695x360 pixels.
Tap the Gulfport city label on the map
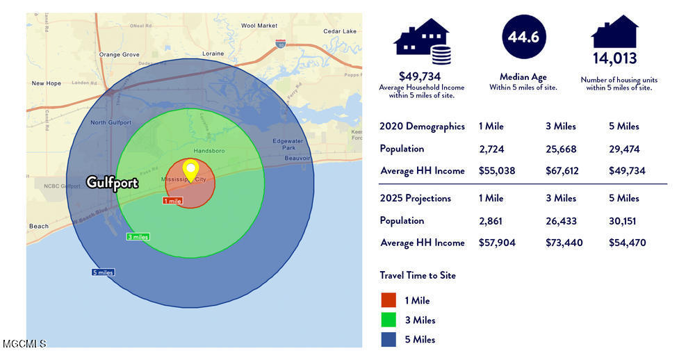[112, 183]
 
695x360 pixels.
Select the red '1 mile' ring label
[172, 201]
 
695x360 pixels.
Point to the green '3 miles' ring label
[138, 237]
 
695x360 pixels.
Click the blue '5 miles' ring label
[103, 272]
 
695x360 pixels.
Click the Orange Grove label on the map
[119, 54]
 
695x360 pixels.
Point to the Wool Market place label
[259, 26]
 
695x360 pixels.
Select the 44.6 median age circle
[523, 38]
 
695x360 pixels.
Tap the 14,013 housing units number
[615, 58]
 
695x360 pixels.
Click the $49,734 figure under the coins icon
[421, 76]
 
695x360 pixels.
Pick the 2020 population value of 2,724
[491, 149]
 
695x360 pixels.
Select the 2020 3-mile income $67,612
[564, 171]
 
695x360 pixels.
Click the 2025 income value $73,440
[564, 243]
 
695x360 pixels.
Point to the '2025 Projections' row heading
[416, 198]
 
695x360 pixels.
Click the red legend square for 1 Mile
[388, 300]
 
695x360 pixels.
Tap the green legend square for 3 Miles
[388, 320]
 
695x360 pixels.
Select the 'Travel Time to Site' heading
[418, 275]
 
